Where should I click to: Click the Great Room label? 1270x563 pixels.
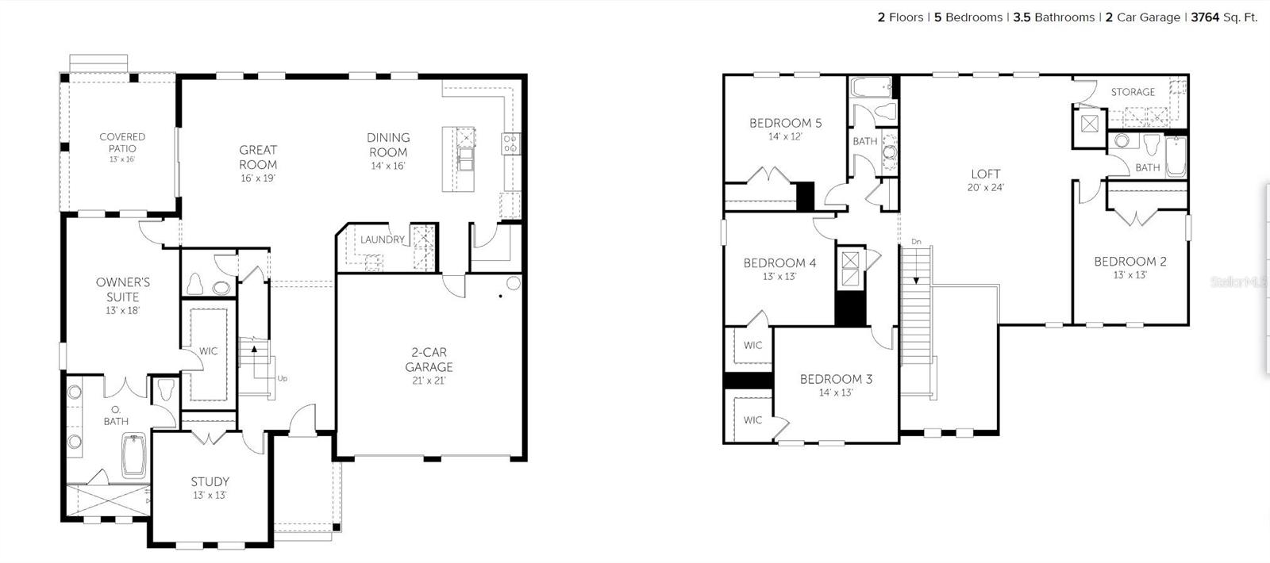258,157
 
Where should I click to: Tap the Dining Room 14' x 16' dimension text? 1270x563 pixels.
388,167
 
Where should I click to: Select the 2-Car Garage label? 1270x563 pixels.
429,359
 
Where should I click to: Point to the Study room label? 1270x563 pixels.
210,481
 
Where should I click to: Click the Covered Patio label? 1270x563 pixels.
122,142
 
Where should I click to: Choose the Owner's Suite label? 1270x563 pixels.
123,289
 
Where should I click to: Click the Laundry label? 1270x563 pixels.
383,239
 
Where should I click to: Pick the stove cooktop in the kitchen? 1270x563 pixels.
510,144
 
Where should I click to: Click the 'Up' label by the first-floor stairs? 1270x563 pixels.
283,378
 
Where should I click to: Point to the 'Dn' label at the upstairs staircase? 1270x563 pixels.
916,241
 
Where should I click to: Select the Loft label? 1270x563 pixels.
986,174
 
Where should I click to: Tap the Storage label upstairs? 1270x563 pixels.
1133,92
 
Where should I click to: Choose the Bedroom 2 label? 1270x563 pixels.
1130,261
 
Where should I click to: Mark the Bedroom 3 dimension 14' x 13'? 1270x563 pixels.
836,393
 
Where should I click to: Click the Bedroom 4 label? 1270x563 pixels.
779,262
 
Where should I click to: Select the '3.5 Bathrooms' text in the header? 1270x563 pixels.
1054,17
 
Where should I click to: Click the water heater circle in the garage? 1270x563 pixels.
514,283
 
